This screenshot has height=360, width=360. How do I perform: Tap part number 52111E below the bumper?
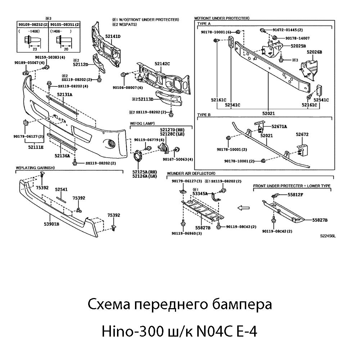pyautogui.click(x=36, y=147)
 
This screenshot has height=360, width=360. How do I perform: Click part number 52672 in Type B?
pyautogui.click(x=302, y=134)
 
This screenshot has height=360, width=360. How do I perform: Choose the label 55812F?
pyautogui.click(x=295, y=195)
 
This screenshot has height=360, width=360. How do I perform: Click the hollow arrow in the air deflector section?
pyautogui.click(x=244, y=208)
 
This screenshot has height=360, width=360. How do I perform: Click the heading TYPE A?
pyautogui.click(x=204, y=23)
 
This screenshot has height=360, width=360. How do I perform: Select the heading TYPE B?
pyautogui.click(x=204, y=115)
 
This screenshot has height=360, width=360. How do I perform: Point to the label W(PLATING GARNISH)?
pyautogui.click(x=35, y=168)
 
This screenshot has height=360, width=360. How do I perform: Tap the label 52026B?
pyautogui.click(x=314, y=52)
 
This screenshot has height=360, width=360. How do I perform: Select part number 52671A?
pyautogui.click(x=279, y=126)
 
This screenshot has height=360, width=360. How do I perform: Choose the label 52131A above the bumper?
pyautogui.click(x=64, y=94)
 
